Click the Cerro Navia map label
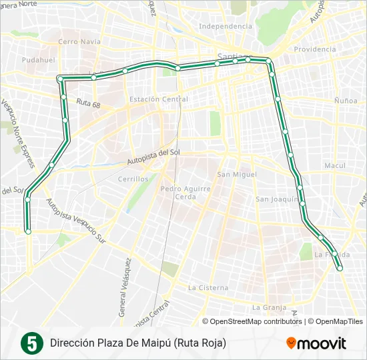point(79,41)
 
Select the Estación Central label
point(159,99)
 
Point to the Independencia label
point(226,27)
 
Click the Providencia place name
point(315,49)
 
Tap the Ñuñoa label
point(346,100)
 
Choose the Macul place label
point(333,165)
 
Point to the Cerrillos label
point(132,179)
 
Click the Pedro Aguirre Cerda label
point(186,193)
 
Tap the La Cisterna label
point(208,288)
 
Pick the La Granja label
point(269,307)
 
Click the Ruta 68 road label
point(88,104)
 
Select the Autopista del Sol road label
point(153,158)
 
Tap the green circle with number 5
point(30,343)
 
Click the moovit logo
point(316,343)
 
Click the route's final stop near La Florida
point(340,269)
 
